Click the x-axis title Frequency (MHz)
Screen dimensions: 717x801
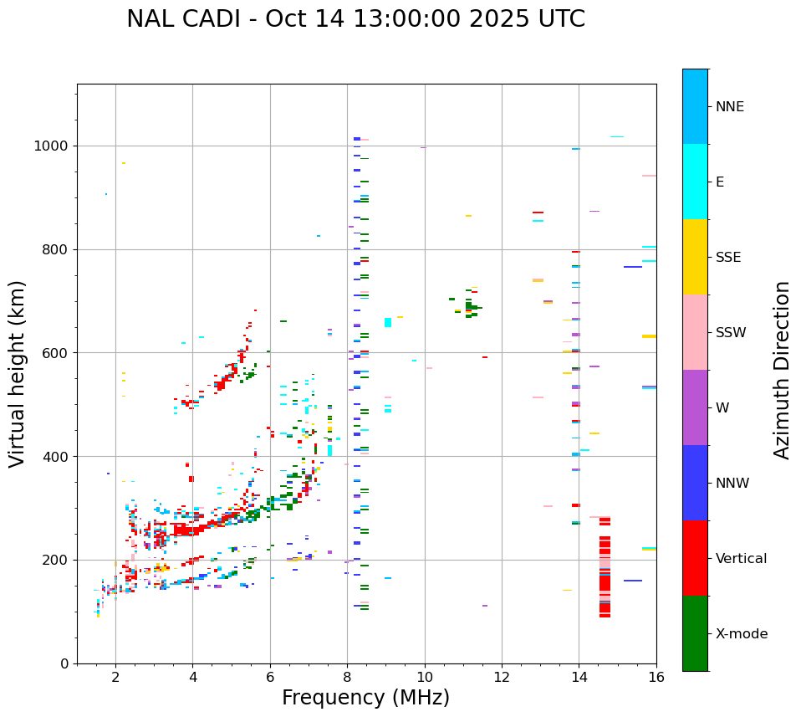tap(365, 698)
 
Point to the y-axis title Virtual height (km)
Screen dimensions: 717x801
tap(18, 373)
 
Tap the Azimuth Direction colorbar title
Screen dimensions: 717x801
tap(782, 370)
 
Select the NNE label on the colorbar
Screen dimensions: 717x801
tap(729, 107)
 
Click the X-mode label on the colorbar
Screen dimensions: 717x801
tap(742, 634)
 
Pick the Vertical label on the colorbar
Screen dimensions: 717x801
tap(741, 559)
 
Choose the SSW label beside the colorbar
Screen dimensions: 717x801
tap(731, 333)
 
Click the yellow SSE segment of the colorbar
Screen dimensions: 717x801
tap(695, 257)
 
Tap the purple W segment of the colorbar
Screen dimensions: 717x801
tap(695, 407)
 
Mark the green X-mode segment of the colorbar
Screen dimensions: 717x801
tap(695, 633)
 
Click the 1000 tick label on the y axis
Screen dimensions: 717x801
tap(53, 146)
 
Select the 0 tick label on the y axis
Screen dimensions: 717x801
tap(64, 663)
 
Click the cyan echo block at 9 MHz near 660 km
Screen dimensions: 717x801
tap(388, 322)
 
